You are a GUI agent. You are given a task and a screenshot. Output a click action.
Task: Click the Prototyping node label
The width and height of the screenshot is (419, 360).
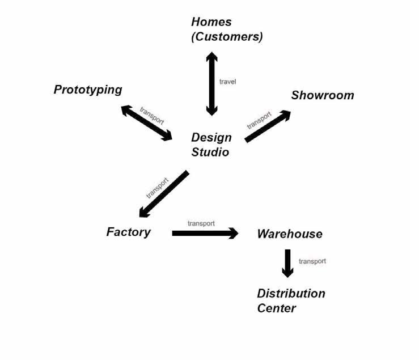(88, 90)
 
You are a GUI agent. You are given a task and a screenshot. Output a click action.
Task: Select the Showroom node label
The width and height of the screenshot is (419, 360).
(322, 95)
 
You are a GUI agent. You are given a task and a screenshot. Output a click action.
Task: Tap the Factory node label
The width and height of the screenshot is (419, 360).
(128, 232)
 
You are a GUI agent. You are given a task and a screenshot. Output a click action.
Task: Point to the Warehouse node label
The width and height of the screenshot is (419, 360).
(289, 234)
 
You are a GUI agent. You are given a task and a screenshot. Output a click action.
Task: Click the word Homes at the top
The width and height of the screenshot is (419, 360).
(211, 22)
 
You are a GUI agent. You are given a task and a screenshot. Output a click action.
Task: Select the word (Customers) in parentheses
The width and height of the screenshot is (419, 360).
(227, 37)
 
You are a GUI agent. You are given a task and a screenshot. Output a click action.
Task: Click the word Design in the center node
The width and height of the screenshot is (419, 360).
(211, 137)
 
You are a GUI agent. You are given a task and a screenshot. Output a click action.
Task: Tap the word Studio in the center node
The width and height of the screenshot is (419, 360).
(210, 152)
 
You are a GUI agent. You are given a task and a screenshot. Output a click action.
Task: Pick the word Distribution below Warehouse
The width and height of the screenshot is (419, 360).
(291, 294)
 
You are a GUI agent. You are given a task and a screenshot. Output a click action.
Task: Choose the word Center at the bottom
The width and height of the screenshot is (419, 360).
(276, 308)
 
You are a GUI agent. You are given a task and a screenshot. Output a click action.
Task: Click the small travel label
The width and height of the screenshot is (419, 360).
(227, 82)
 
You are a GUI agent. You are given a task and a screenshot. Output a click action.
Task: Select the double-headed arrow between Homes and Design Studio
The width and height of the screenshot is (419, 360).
(211, 83)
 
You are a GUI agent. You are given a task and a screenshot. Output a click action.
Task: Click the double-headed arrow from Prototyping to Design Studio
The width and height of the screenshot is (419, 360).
(147, 123)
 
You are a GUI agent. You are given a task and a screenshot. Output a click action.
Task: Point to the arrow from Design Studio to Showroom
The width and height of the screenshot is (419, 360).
(268, 126)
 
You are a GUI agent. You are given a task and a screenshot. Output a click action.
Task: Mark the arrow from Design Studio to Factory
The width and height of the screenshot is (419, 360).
(164, 194)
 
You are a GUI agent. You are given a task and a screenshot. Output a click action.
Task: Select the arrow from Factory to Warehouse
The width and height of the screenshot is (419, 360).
(205, 233)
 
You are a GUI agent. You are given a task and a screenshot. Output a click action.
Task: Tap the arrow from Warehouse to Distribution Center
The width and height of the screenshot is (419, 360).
(287, 263)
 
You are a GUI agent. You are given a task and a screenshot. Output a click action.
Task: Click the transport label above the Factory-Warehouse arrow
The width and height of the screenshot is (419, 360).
(201, 223)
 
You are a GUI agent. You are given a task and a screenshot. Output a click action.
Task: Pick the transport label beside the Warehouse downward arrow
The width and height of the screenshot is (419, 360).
(312, 261)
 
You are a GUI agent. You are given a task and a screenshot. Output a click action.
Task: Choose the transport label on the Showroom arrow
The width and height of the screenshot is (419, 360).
(259, 120)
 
